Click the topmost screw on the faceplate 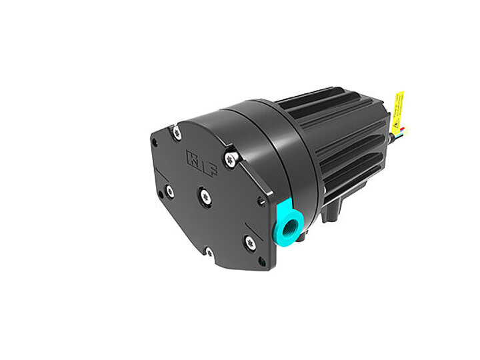(x=176, y=133)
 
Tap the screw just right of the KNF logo (x=230, y=159)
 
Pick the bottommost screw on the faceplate (x=209, y=252)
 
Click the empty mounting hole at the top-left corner (x=155, y=143)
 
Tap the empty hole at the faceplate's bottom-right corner (x=262, y=262)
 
